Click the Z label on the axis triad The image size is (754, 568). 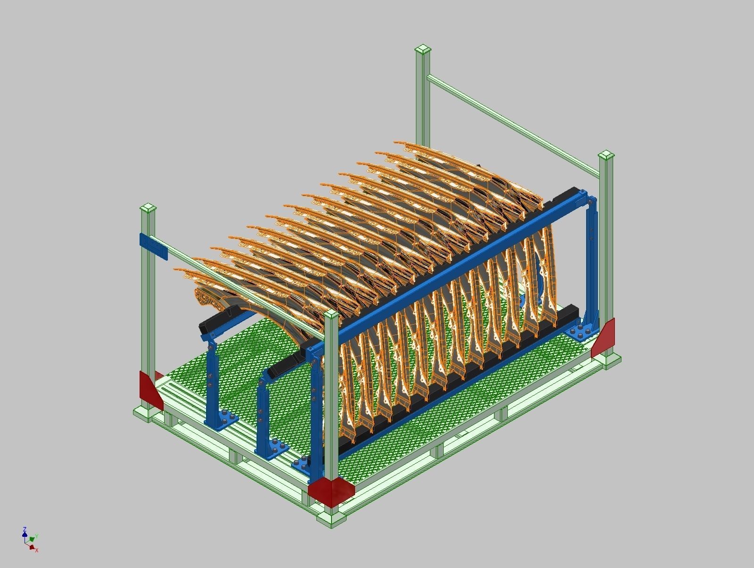24,529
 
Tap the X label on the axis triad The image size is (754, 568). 37,550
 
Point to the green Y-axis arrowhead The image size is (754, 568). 32,538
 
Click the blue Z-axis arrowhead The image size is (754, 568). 24,535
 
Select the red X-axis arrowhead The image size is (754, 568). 32,547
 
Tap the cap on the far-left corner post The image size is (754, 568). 149,208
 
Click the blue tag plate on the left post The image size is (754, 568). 154,246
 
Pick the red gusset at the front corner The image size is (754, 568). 331,491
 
